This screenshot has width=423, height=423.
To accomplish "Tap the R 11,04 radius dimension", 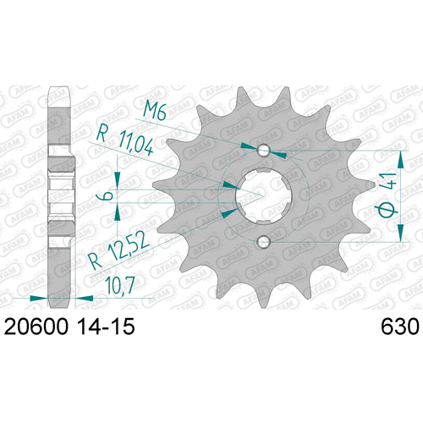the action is [125, 142].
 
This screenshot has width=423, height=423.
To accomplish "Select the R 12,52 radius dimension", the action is [118, 251].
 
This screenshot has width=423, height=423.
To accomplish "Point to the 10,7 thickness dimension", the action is [120, 285].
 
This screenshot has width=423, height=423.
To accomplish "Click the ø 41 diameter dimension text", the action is [387, 195].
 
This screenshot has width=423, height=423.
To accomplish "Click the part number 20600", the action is [36, 327].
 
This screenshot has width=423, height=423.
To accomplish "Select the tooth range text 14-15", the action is [107, 327].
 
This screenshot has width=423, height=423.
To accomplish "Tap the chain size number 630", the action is [400, 327].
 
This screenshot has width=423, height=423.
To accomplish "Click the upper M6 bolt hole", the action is [264, 149].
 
